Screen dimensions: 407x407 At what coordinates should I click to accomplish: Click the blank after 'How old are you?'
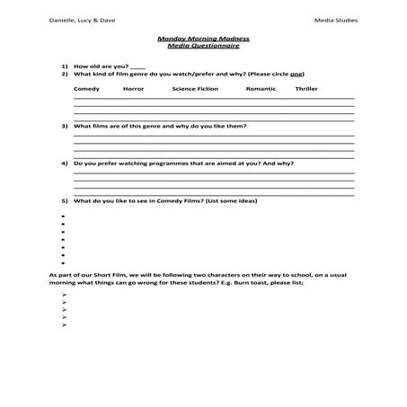137,67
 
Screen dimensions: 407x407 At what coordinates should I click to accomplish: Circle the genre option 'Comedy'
86,90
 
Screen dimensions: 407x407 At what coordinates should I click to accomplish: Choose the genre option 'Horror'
133,90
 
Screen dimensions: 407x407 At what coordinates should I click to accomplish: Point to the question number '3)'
65,127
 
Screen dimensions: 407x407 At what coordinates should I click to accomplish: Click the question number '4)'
65,164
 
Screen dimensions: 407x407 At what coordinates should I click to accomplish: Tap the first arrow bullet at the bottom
66,295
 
